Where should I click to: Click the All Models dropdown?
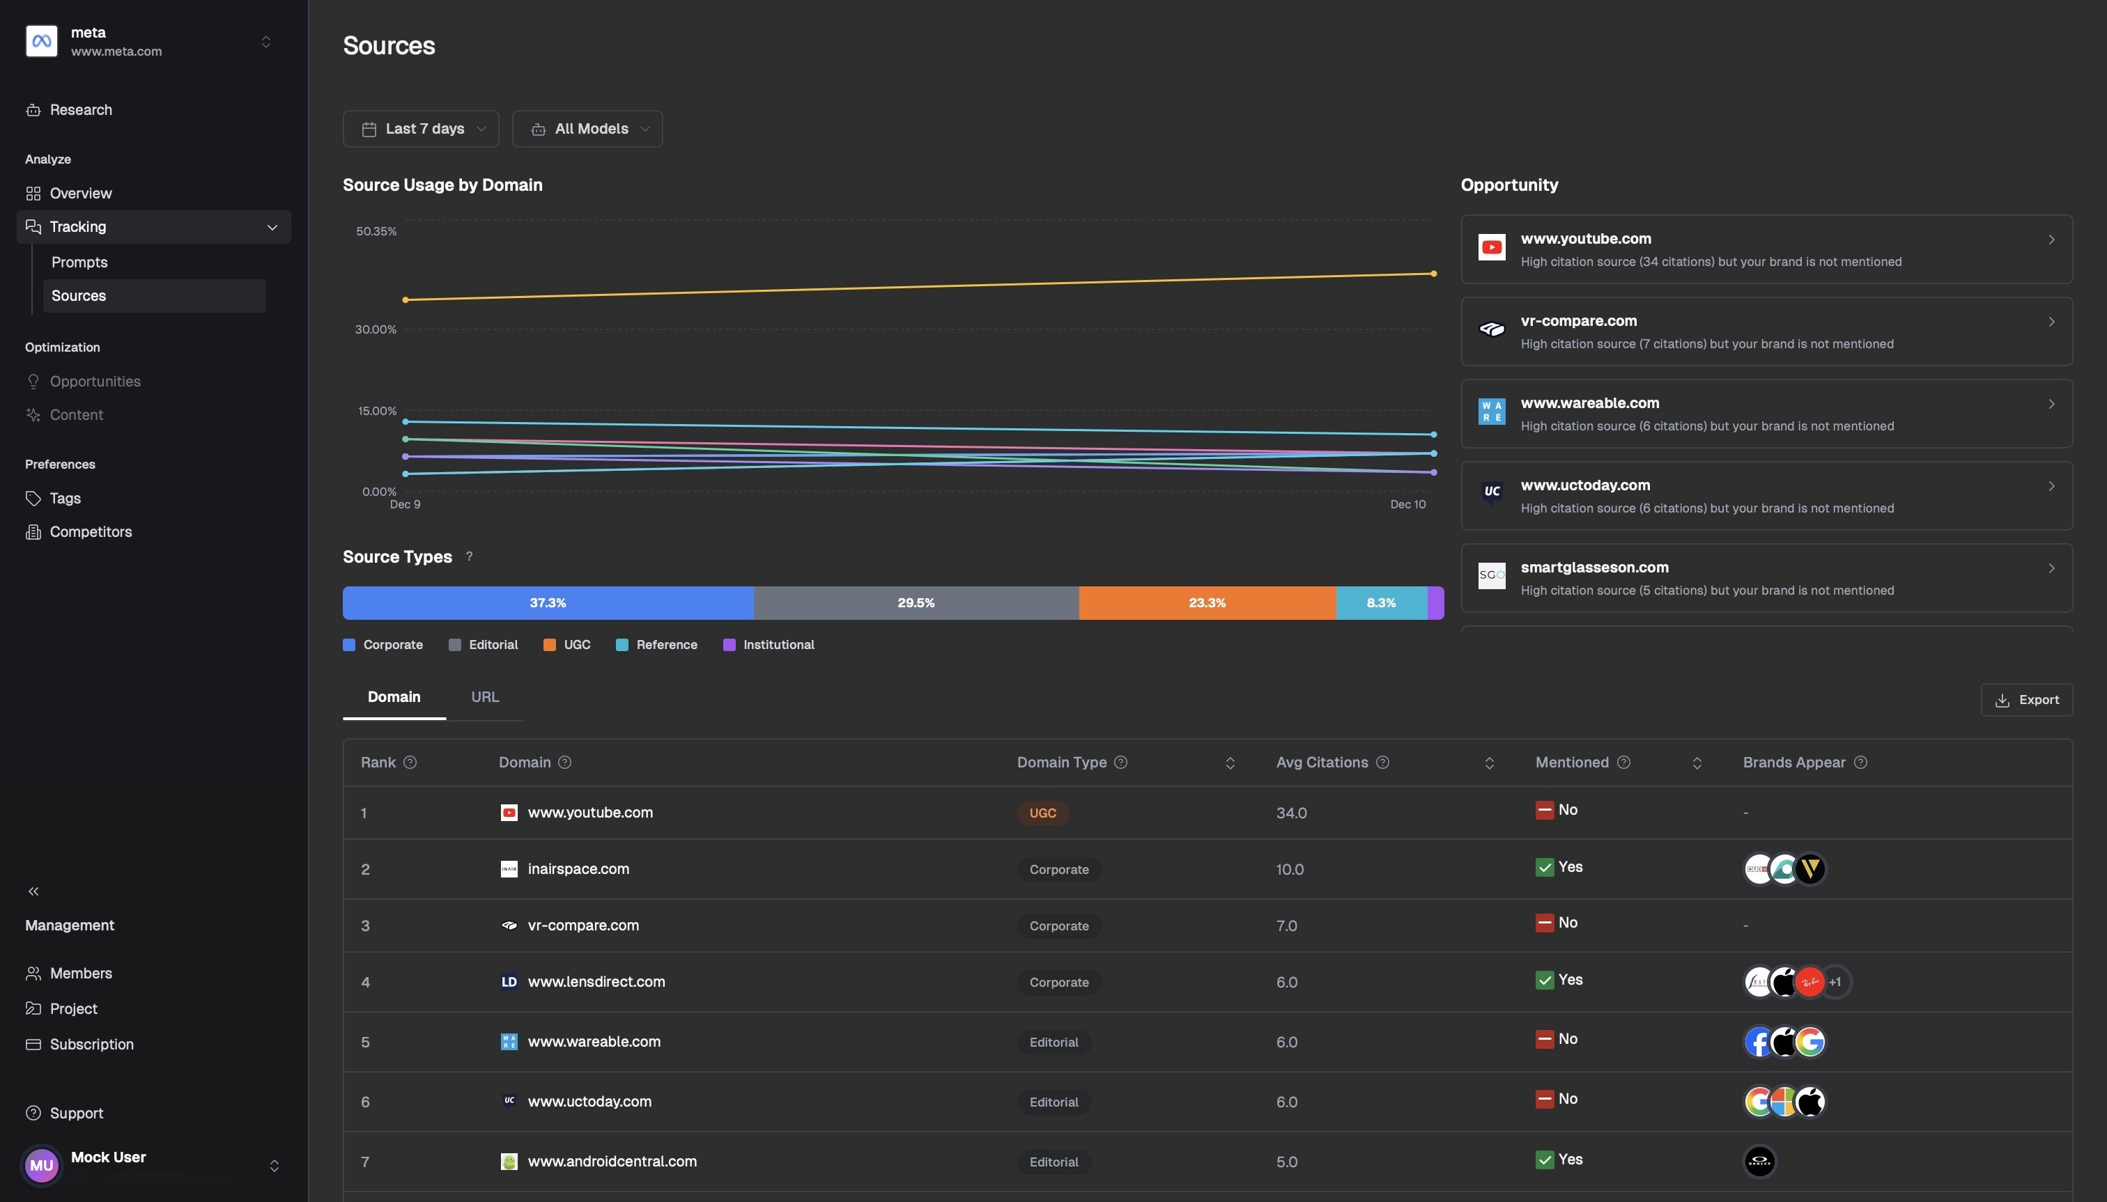(x=587, y=129)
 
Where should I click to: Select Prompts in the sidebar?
(x=79, y=263)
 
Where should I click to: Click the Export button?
(x=2026, y=700)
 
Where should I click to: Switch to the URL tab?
(x=485, y=698)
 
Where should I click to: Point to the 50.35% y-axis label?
(x=376, y=232)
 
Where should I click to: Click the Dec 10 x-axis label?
(x=1407, y=504)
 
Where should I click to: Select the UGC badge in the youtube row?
(x=1042, y=813)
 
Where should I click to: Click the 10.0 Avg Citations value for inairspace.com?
(x=1289, y=869)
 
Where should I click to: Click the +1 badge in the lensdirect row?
(x=1835, y=983)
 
